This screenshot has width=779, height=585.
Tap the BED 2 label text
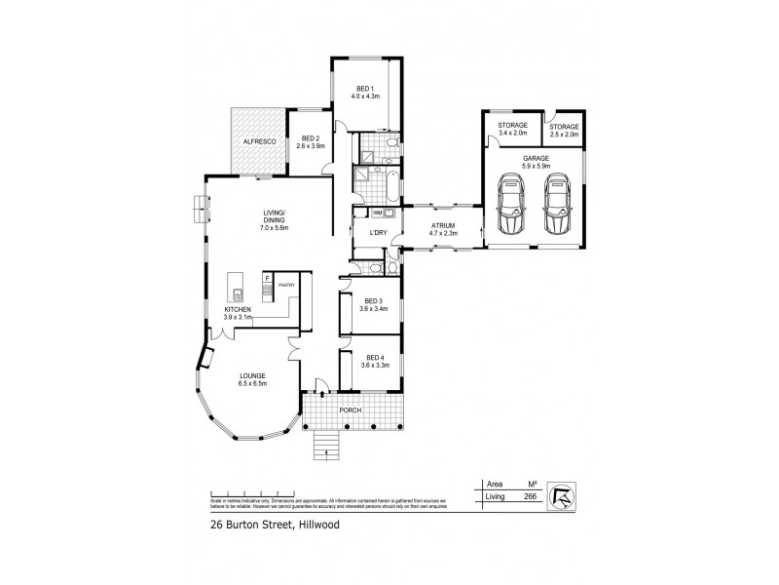(311, 138)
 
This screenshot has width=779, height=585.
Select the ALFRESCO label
(259, 142)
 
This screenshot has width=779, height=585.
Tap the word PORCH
(351, 410)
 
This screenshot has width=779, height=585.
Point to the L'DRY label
(377, 231)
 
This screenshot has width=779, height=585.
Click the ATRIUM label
(444, 225)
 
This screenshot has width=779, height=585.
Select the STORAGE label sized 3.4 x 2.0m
(512, 126)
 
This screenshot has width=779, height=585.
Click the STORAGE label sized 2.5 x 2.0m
(563, 126)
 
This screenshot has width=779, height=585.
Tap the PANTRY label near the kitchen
(286, 284)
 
